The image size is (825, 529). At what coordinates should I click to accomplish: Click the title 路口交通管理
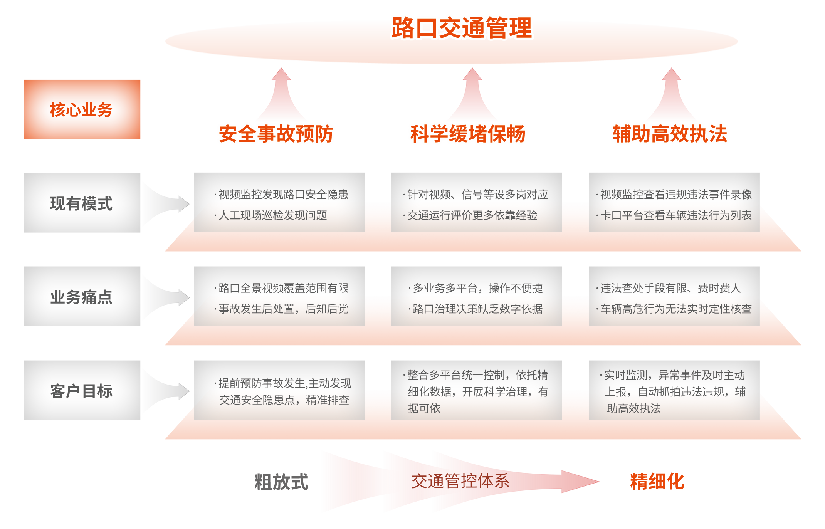pyautogui.click(x=462, y=28)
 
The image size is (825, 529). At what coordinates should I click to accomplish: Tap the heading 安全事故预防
pyautogui.click(x=276, y=134)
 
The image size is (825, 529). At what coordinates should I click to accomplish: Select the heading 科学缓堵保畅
pyautogui.click(x=467, y=134)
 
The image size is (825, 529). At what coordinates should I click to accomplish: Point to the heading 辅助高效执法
pyautogui.click(x=670, y=134)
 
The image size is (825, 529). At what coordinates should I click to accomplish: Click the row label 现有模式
pyautogui.click(x=81, y=203)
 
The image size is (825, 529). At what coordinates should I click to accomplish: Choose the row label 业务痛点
pyautogui.click(x=81, y=297)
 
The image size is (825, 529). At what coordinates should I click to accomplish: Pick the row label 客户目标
pyautogui.click(x=81, y=391)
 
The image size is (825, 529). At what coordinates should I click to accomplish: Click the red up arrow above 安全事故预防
pyautogui.click(x=281, y=94)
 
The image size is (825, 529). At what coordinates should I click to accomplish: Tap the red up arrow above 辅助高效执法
pyautogui.click(x=672, y=94)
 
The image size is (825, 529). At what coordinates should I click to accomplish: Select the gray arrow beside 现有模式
pyautogui.click(x=165, y=204)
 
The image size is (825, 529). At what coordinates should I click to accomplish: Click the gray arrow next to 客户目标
pyautogui.click(x=165, y=391)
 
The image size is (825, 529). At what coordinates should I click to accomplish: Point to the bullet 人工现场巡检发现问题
pyautogui.click(x=272, y=215)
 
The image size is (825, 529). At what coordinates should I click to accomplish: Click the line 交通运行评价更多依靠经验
pyautogui.click(x=472, y=215)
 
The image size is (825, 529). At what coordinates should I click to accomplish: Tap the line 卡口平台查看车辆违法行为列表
pyautogui.click(x=675, y=215)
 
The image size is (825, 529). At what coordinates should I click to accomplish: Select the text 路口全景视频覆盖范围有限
pyautogui.click(x=283, y=288)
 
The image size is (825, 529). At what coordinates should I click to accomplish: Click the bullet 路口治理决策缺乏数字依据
pyautogui.click(x=477, y=309)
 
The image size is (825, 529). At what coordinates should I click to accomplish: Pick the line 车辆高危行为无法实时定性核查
pyautogui.click(x=675, y=309)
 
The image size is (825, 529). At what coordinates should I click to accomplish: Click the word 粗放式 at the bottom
pyautogui.click(x=281, y=482)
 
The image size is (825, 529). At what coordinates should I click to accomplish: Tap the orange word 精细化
pyautogui.click(x=657, y=481)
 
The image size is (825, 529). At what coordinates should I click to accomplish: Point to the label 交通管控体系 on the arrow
pyautogui.click(x=460, y=481)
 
